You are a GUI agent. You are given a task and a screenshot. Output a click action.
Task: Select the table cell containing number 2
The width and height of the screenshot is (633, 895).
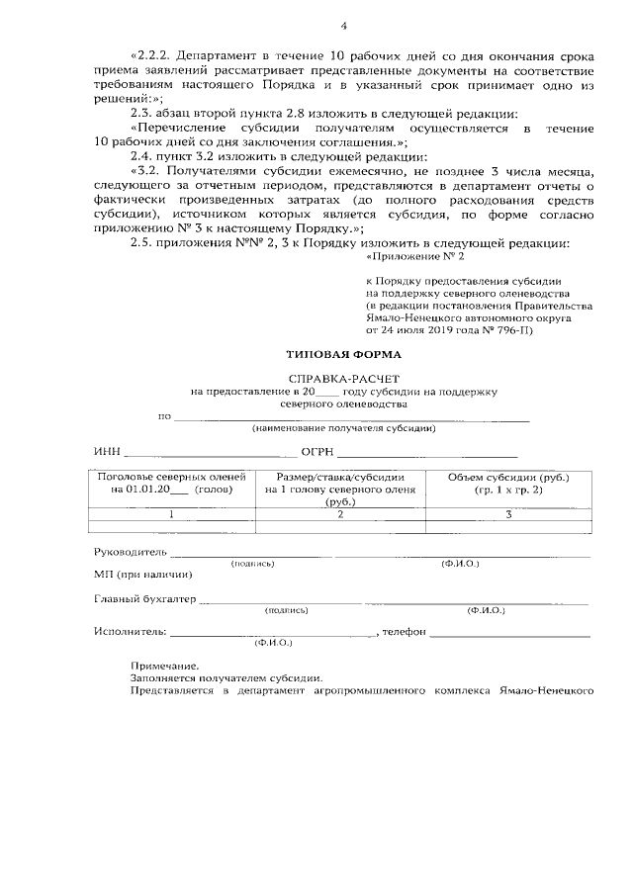click(x=340, y=514)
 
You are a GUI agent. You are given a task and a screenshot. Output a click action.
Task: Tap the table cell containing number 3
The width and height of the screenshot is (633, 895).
click(x=508, y=514)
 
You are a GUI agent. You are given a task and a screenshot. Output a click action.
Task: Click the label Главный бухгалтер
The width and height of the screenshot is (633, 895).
click(x=145, y=598)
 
